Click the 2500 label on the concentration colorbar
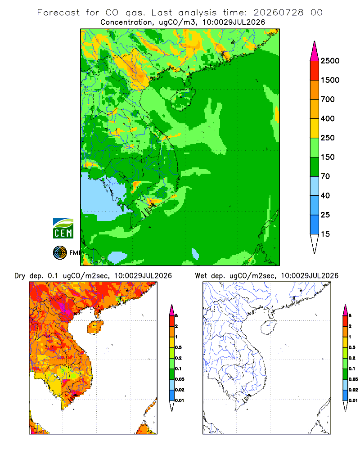point(330,61)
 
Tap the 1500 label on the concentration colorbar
point(330,80)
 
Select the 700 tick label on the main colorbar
point(328,99)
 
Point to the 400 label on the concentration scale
point(328,118)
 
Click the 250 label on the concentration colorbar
point(328,138)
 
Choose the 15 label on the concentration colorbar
point(325,234)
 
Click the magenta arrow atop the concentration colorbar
point(315,51)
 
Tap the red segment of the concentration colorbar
point(315,71)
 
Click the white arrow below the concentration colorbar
point(315,243)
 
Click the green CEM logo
point(63,229)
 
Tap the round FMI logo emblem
point(60,253)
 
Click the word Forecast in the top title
point(58,13)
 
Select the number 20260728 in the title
point(279,13)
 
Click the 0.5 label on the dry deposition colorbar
point(178,347)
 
